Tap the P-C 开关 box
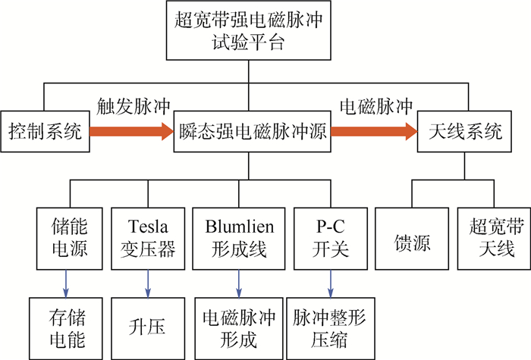[x=330, y=237]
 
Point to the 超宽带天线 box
[x=490, y=237]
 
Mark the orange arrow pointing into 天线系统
[x=374, y=133]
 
